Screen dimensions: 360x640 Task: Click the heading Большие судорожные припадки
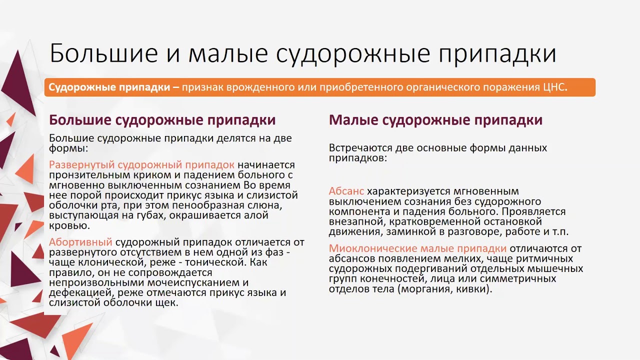click(x=162, y=120)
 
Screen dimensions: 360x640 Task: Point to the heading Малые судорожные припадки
click(x=435, y=120)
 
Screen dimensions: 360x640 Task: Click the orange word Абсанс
click(x=346, y=191)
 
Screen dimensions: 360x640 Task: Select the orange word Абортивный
click(x=80, y=242)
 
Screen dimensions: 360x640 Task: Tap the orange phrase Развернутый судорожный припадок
click(x=141, y=164)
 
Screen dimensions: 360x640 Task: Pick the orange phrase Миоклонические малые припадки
click(x=417, y=248)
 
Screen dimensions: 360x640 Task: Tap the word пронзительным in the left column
click(x=86, y=174)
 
